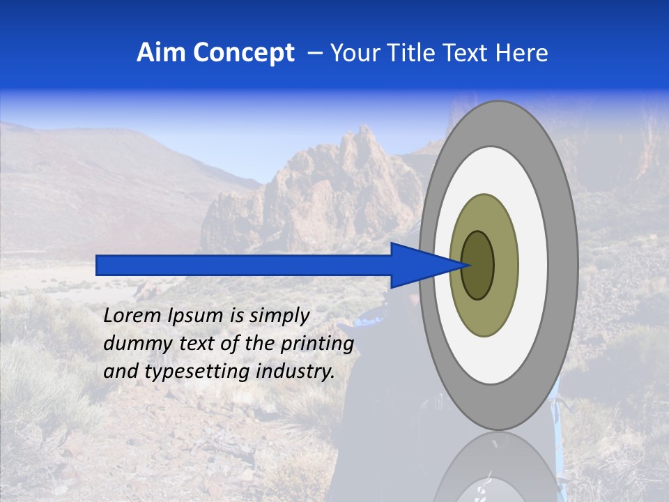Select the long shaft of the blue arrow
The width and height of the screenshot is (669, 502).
pyautogui.click(x=244, y=265)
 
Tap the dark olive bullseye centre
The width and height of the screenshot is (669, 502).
pyautogui.click(x=478, y=265)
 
